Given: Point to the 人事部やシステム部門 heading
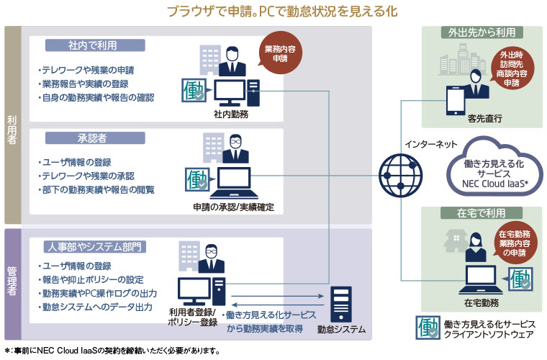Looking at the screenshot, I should click(95, 247).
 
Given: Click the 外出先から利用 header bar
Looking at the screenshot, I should click(482, 32).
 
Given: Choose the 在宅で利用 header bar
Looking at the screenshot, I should click(482, 213).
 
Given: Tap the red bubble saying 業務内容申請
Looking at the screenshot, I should click(279, 55).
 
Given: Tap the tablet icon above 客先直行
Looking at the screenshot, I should click(455, 100).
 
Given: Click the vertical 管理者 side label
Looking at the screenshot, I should click(12, 284).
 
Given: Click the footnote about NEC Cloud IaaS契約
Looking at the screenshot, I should click(111, 351).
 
